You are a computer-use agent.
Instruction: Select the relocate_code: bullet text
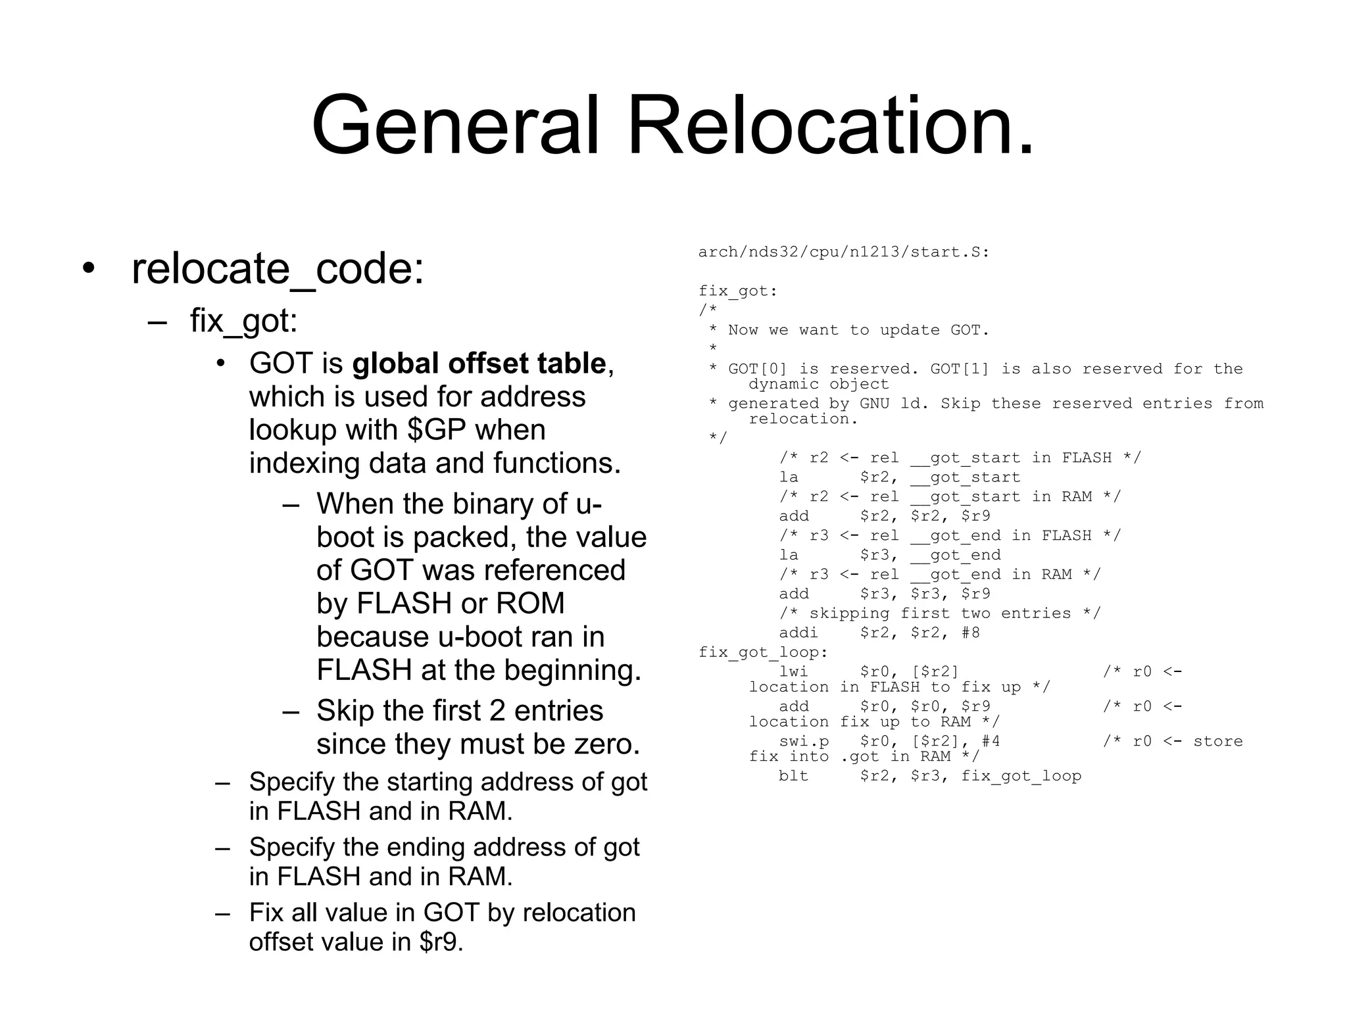tap(278, 269)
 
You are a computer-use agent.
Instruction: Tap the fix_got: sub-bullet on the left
tap(244, 321)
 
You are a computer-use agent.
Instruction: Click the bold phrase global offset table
tap(479, 364)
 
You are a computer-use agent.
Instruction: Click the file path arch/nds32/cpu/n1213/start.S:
tap(844, 252)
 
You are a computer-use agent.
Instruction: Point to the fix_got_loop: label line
tap(763, 652)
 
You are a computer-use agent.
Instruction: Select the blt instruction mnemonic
tap(793, 776)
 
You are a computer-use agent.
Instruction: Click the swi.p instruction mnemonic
tap(803, 741)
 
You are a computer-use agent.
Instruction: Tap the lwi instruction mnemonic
tap(793, 671)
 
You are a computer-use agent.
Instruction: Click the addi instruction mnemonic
tap(798, 633)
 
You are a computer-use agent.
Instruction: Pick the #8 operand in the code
tap(971, 633)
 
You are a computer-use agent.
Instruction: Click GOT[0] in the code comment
tap(757, 369)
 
